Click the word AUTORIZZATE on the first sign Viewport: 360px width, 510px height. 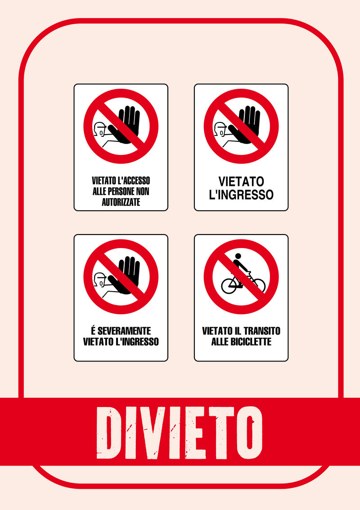121,202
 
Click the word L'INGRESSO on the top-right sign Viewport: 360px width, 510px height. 241,195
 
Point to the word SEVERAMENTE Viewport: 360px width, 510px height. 124,331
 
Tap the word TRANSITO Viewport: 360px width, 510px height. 261,331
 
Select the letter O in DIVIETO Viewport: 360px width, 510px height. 249,433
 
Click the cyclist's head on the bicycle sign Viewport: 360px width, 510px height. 238,256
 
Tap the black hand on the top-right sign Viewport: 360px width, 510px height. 246,125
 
